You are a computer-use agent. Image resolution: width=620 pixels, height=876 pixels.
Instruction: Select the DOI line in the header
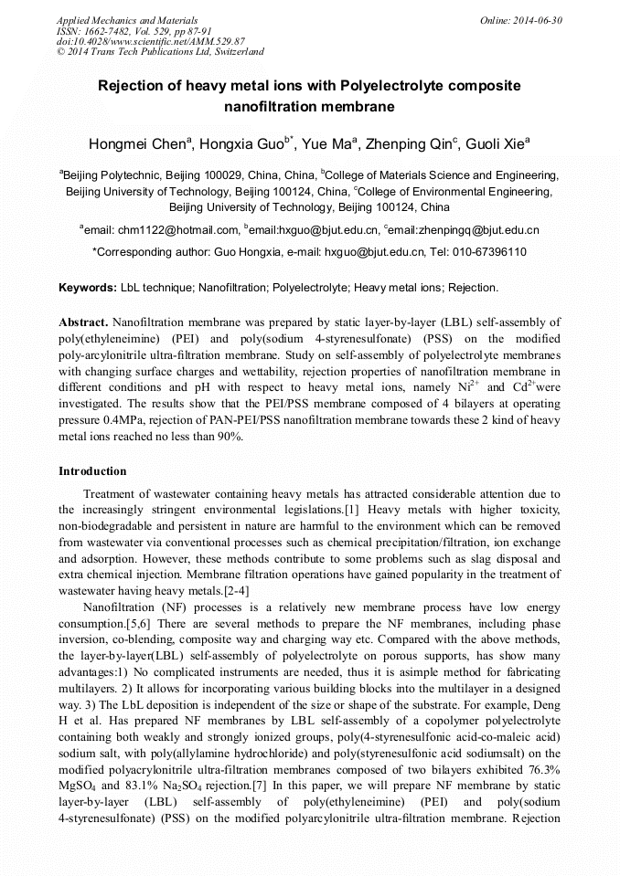pos(150,41)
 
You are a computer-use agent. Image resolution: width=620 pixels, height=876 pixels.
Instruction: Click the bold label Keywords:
pos(88,288)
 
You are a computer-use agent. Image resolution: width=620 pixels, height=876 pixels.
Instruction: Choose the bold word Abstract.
pos(83,322)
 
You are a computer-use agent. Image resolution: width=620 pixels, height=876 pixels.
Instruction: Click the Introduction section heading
pos(92,471)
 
